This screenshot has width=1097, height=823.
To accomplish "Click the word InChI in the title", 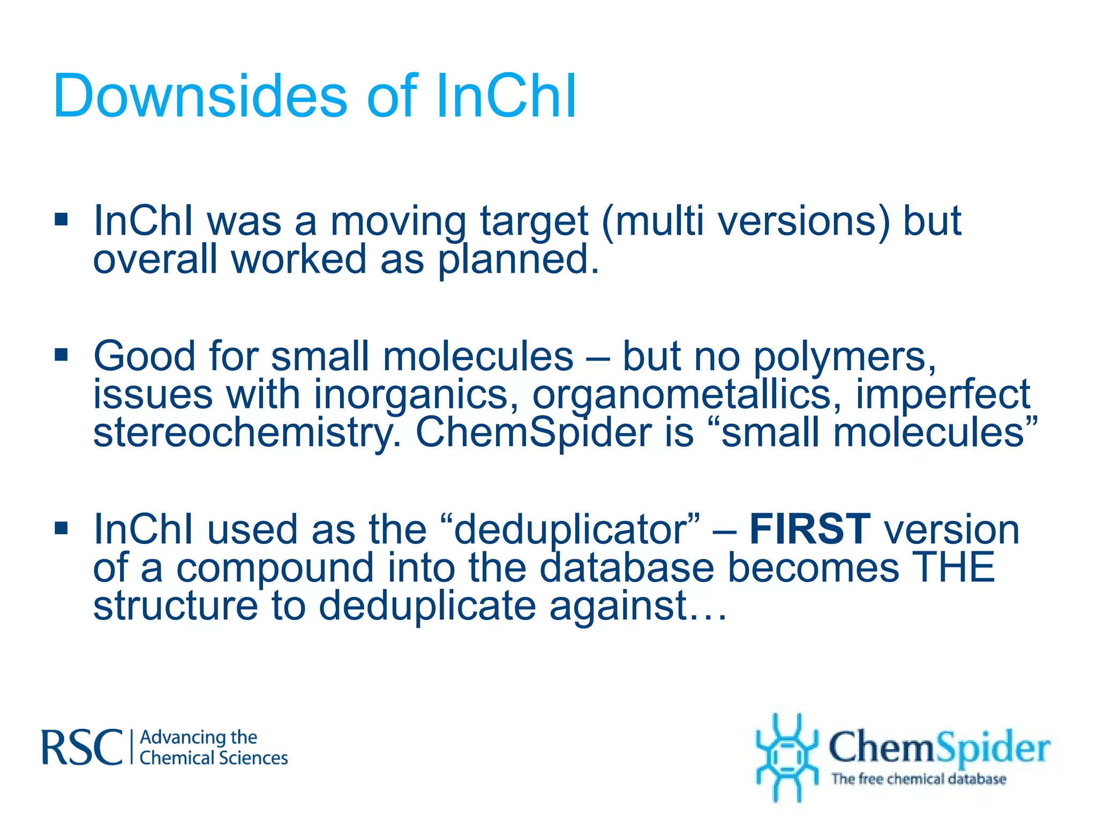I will (x=506, y=96).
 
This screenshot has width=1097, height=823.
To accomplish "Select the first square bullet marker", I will (x=62, y=219).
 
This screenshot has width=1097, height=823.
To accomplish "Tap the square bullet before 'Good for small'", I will (x=62, y=355).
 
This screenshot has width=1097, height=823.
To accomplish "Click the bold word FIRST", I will (x=809, y=529).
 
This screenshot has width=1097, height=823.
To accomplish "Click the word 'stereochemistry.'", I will (x=247, y=433).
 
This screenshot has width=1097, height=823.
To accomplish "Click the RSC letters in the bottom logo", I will (x=82, y=747).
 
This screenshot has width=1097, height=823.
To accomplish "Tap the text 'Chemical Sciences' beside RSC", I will (x=213, y=758).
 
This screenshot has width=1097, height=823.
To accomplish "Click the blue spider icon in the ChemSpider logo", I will (x=786, y=757).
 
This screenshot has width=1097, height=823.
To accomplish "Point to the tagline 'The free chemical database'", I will (x=918, y=779).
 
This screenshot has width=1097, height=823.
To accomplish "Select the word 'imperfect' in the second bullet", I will (x=943, y=395).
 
